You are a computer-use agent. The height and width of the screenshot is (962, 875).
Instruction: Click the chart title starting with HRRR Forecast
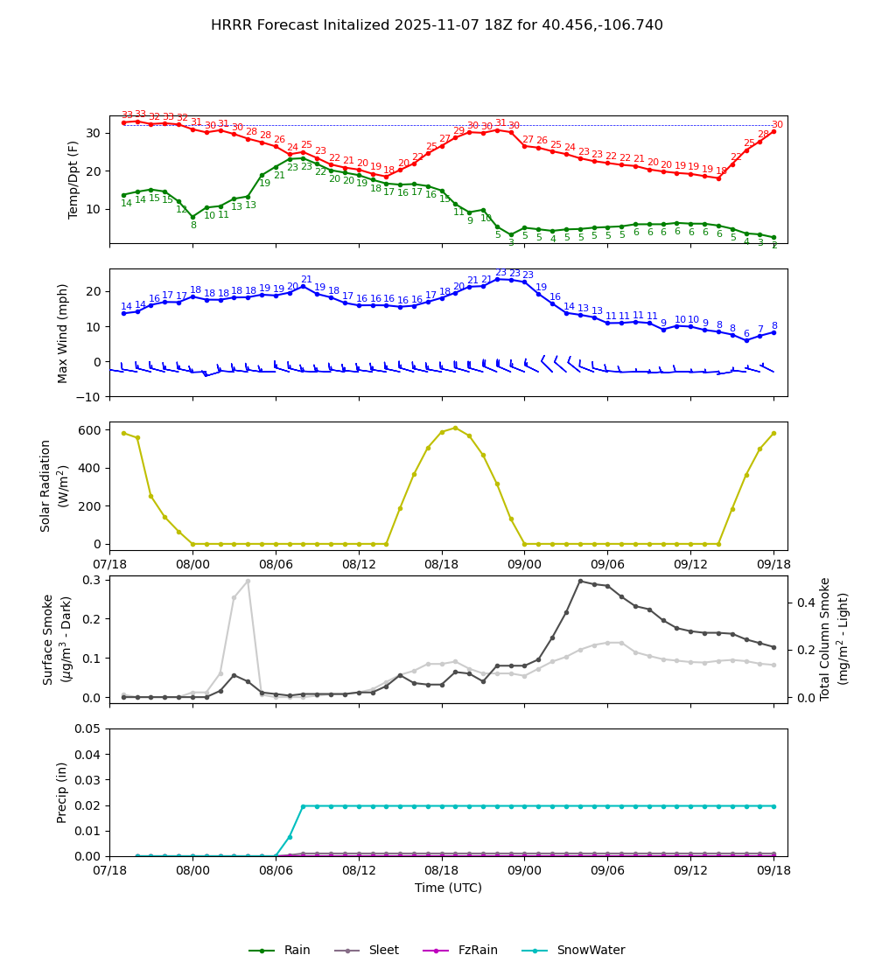437,25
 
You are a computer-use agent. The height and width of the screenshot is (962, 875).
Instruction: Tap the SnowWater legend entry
591,951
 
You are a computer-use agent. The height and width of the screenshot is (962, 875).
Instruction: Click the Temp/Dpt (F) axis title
74,179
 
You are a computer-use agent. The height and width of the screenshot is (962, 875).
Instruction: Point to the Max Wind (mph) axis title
63,332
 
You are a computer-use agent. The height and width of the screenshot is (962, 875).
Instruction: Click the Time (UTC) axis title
448,888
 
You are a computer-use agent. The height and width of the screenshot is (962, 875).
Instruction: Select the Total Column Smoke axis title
826,638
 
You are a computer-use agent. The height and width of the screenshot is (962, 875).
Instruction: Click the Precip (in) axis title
63,792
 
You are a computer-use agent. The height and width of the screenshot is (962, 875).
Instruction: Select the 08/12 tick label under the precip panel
359,871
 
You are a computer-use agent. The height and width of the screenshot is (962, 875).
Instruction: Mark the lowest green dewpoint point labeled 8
193,217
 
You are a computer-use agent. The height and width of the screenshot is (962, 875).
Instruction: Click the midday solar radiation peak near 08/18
455,428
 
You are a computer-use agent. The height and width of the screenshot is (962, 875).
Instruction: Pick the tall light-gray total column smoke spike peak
248,581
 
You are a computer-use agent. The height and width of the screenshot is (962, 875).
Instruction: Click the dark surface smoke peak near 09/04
580,581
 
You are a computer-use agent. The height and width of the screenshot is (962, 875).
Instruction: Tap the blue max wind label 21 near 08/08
306,280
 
